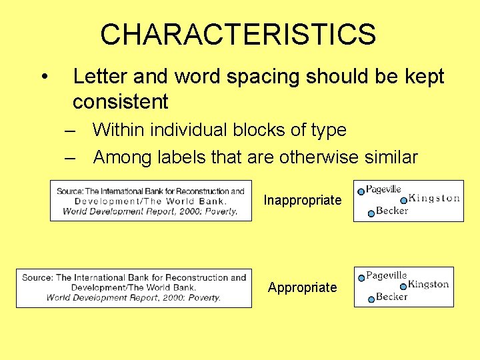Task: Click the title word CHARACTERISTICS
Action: click(238, 35)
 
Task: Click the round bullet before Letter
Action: click(44, 78)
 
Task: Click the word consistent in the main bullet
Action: click(120, 102)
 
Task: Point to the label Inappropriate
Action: click(302, 200)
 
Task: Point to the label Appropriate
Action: click(302, 287)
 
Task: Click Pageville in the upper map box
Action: click(383, 189)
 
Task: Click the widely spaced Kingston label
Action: click(433, 198)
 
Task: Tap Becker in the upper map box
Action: click(392, 211)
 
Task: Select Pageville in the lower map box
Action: click(387, 275)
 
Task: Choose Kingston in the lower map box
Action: click(429, 284)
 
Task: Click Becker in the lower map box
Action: click(391, 297)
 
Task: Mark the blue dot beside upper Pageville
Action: click(361, 191)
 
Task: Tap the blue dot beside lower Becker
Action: click(371, 300)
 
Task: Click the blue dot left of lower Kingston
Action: click(403, 286)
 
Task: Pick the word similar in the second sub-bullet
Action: click(393, 157)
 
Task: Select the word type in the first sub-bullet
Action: click(329, 130)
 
